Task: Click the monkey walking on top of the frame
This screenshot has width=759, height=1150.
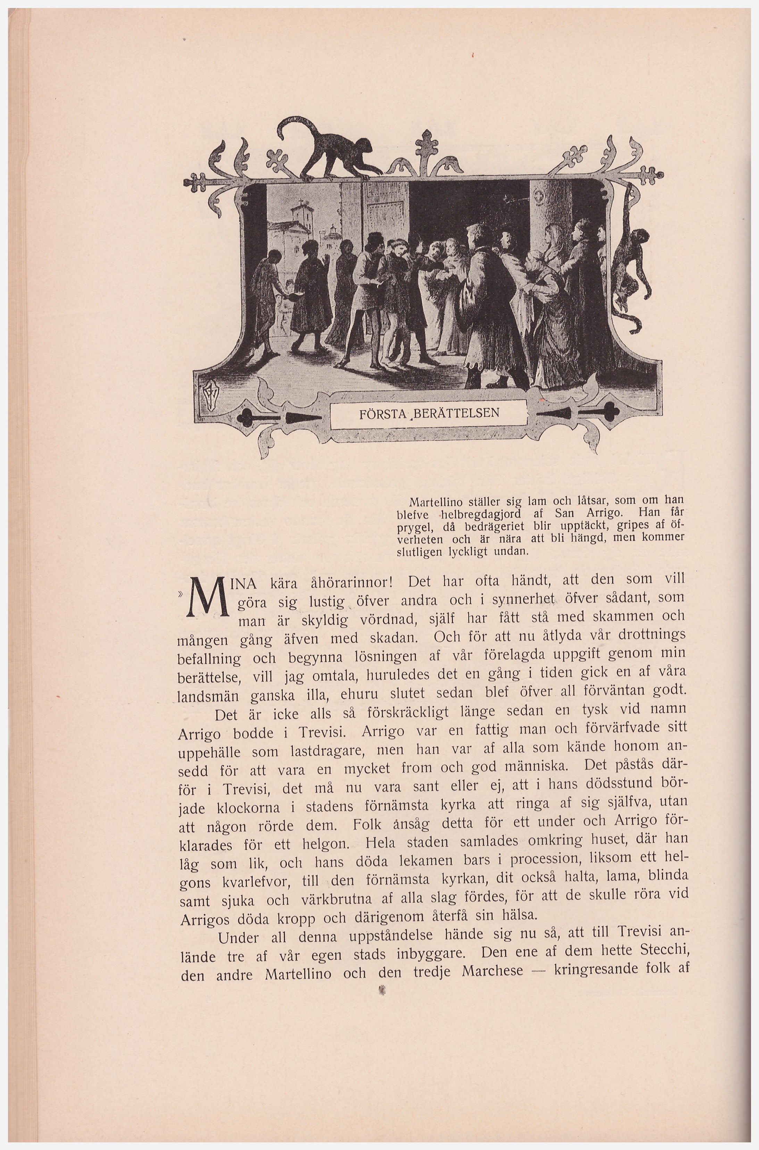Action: [339, 155]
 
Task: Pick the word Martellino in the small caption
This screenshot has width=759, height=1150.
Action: [432, 501]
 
